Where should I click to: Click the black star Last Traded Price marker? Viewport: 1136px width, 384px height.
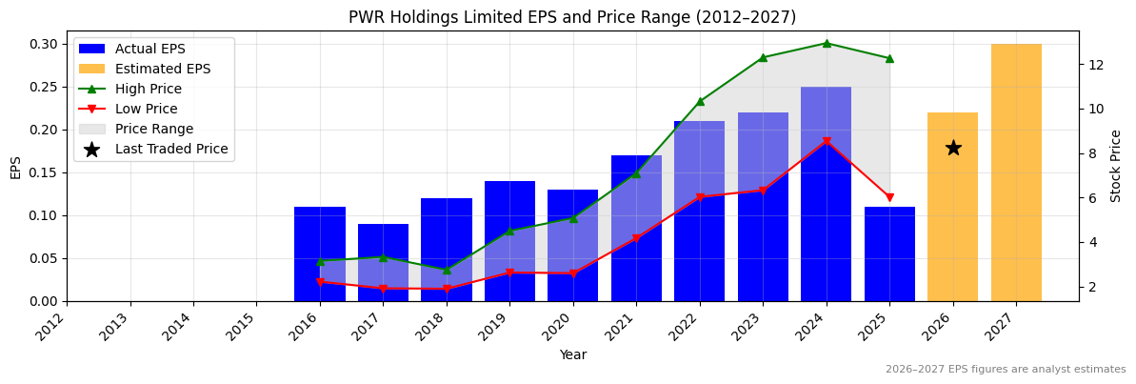(x=952, y=148)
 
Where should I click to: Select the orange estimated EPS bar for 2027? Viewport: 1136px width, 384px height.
(x=1016, y=172)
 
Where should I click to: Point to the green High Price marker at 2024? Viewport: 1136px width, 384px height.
(x=826, y=43)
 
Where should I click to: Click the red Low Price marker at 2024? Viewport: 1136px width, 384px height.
(x=826, y=141)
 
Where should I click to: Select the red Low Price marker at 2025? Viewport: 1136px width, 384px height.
(x=889, y=198)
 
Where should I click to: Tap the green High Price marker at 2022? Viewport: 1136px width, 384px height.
(x=700, y=101)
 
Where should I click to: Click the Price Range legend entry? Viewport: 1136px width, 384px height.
(x=153, y=129)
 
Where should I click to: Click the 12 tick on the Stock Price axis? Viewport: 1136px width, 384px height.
(x=1095, y=65)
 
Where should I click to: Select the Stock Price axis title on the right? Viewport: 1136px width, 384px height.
(x=1116, y=166)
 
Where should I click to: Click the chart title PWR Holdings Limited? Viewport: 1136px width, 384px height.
(x=571, y=17)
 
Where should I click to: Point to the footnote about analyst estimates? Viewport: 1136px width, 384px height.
(x=1005, y=370)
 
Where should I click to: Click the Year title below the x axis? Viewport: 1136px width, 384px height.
(x=572, y=354)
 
